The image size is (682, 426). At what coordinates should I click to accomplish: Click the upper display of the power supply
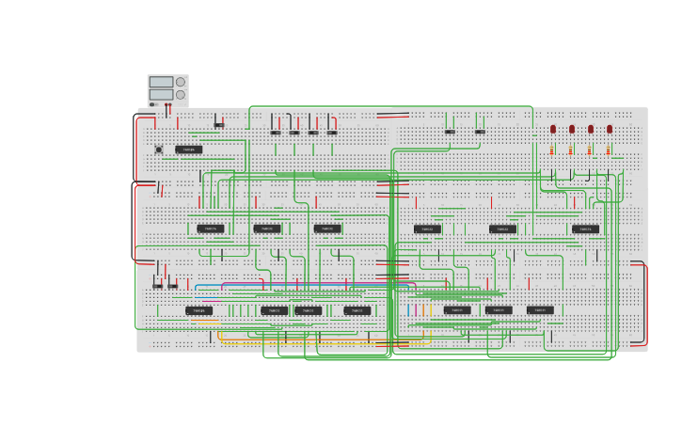161,82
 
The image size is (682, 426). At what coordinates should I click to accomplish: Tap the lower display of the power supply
161,94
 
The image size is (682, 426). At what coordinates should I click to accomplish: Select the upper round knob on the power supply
181,82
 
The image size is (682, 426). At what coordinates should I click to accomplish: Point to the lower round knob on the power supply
181,94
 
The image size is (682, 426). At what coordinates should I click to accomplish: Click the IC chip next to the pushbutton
188,150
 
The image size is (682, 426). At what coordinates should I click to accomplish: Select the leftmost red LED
553,129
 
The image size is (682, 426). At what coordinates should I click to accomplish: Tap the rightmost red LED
610,129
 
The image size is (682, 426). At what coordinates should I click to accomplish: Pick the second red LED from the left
572,129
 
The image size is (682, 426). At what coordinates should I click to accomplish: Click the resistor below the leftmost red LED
552,150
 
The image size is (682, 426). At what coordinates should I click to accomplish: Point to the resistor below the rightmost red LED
609,150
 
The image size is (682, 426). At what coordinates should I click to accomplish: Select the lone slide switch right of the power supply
219,124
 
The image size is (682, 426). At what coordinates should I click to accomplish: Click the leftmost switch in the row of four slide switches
276,133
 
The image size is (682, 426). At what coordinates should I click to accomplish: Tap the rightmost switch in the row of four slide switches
332,133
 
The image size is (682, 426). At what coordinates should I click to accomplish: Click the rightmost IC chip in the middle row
585,229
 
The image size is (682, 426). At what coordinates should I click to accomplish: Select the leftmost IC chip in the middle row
210,229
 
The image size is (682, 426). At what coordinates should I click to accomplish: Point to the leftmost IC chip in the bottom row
198,310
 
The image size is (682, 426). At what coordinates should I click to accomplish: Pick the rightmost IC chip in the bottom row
540,309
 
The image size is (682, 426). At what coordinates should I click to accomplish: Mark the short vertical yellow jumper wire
422,308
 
